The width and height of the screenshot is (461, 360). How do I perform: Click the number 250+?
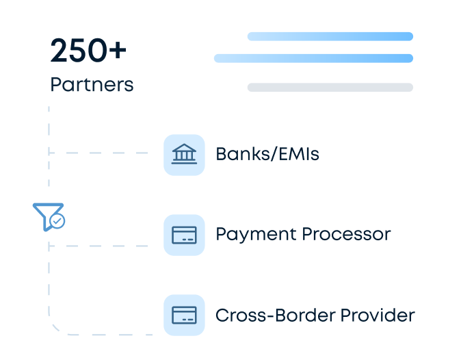pyautogui.click(x=88, y=52)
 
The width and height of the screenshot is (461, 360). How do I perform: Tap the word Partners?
pyautogui.click(x=92, y=85)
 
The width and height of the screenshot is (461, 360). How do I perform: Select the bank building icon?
pyautogui.click(x=184, y=154)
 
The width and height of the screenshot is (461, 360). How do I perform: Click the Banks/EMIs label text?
pyautogui.click(x=267, y=154)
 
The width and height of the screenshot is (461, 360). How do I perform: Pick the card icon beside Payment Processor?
pyautogui.click(x=184, y=235)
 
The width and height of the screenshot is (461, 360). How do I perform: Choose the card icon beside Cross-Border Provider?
pyautogui.click(x=184, y=315)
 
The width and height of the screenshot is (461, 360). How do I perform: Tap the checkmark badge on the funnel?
pyautogui.click(x=58, y=221)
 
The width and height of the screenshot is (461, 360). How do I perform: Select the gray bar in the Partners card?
pyautogui.click(x=330, y=87)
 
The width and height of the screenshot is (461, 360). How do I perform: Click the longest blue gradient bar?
pyautogui.click(x=313, y=58)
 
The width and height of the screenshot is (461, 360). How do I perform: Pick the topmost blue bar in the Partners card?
pyautogui.click(x=330, y=36)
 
